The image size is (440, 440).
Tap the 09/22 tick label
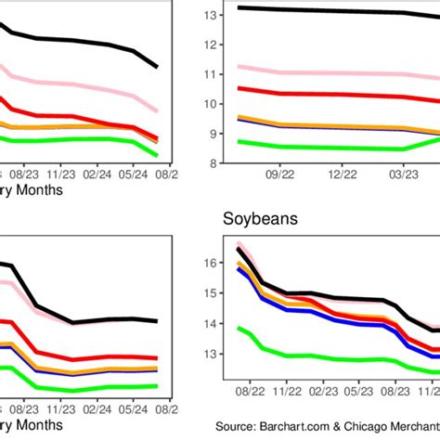[x=279, y=174]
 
